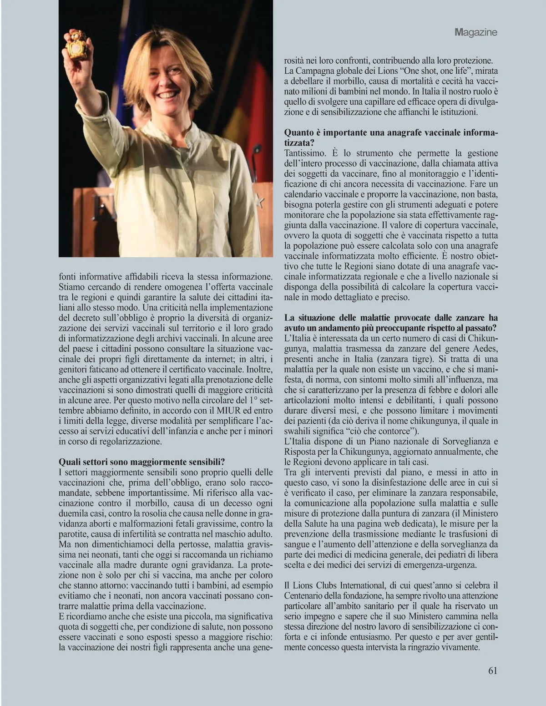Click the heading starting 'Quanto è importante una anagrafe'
point(391,133)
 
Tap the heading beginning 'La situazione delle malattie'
point(391,317)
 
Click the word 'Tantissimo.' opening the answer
point(303,153)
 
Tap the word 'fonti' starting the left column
point(68,276)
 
